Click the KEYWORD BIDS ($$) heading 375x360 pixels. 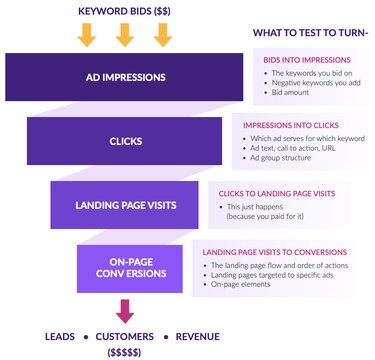pos(123,11)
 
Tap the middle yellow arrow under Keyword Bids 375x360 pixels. pos(123,34)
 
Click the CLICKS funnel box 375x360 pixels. pos(126,141)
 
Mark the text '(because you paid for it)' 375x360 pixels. pos(263,215)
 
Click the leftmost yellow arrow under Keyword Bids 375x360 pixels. pos(87,34)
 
